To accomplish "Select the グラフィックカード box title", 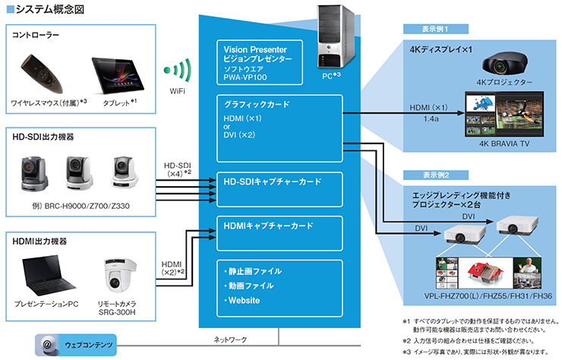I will click(x=254, y=105).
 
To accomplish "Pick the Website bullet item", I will click(x=243, y=301).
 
